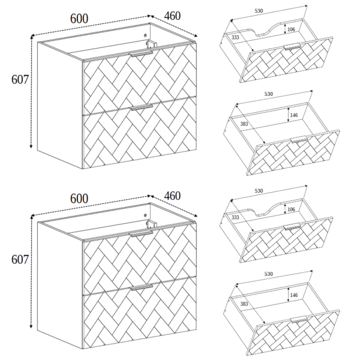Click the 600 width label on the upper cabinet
coord(79,19)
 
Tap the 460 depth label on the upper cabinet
coord(172,16)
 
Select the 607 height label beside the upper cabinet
coord(20,80)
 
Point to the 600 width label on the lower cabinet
coord(79,199)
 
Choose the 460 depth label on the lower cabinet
coord(172,196)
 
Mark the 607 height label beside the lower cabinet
coord(20,260)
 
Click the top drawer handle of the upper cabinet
coord(142,54)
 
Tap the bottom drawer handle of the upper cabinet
coord(142,107)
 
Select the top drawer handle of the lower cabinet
coord(142,234)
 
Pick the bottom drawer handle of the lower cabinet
coord(142,287)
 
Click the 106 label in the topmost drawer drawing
coord(291,29)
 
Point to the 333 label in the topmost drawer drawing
coord(235,37)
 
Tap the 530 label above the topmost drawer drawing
coord(259,11)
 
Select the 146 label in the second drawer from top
coord(294,115)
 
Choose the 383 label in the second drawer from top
coord(244,124)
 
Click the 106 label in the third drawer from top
coord(291,209)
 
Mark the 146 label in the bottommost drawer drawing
coord(294,295)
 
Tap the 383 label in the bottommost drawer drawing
coord(244,304)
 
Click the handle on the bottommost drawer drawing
coord(299,320)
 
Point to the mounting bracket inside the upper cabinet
coord(151,44)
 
